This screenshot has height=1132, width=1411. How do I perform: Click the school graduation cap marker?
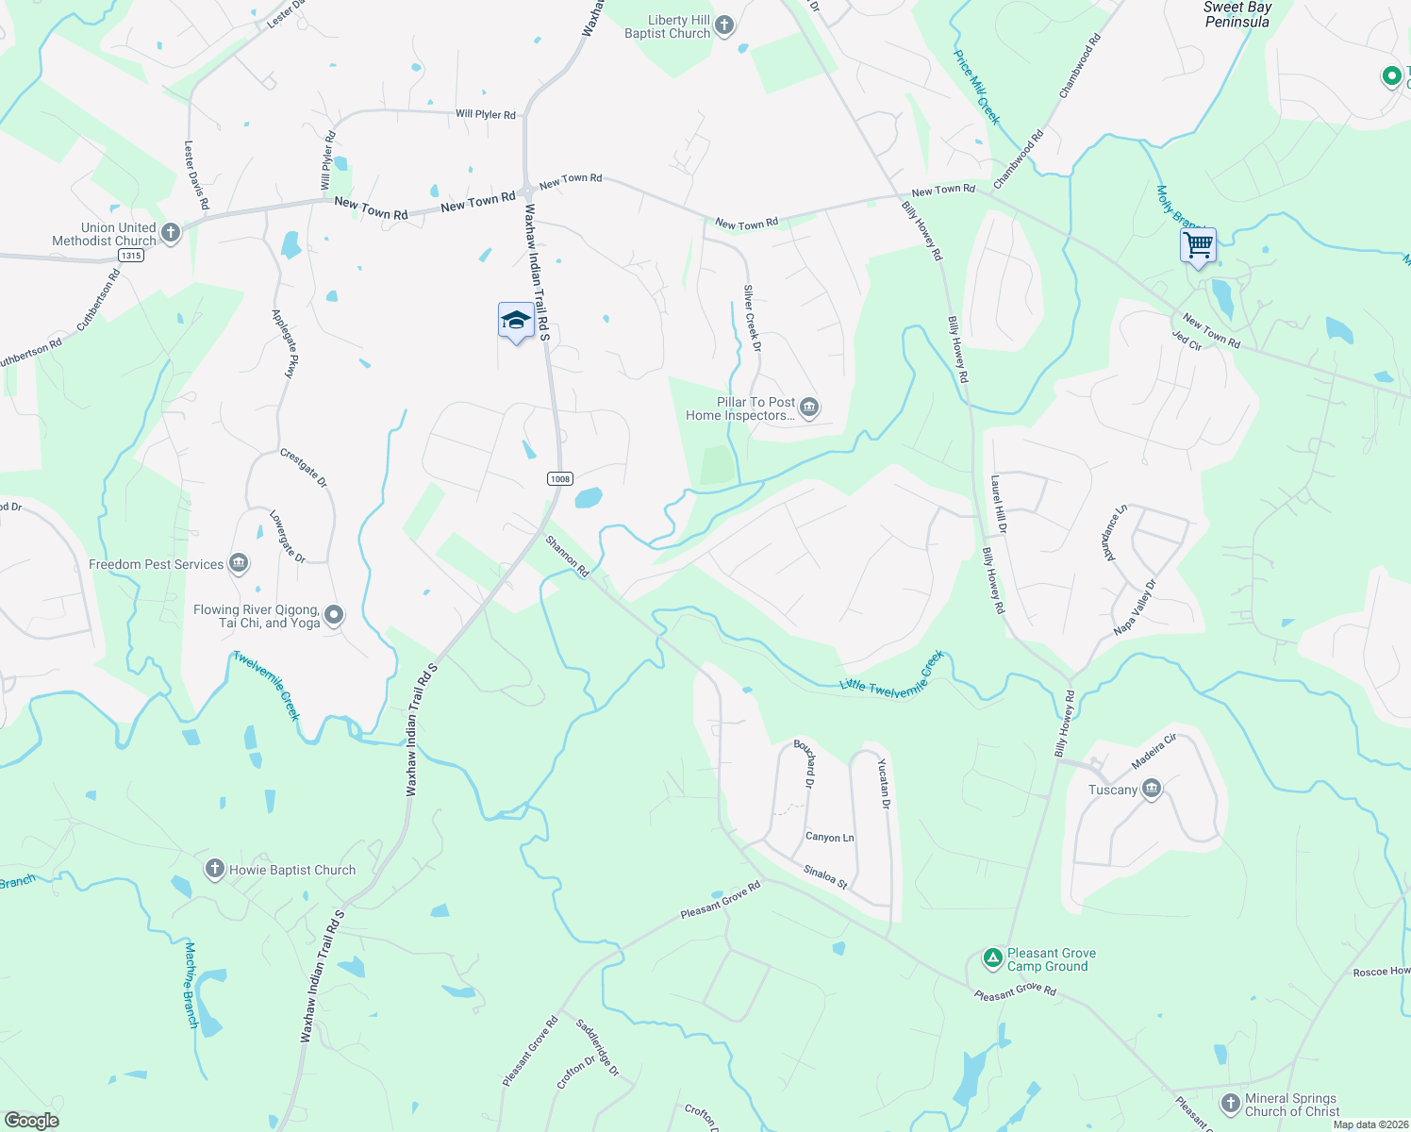pos(516,321)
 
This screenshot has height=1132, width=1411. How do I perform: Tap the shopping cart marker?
pos(1198,246)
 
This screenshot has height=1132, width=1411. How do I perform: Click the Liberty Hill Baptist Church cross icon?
pos(724,25)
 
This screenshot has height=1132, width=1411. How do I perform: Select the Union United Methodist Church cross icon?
pos(171,233)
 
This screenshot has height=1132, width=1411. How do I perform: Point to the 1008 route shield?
pos(559,478)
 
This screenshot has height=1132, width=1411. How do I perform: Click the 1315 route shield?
pos(131,255)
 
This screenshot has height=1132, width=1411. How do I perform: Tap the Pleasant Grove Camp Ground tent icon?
pos(992,958)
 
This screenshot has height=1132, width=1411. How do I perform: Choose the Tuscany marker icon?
pos(1151,789)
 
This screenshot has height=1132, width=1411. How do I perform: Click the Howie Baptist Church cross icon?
pos(215,869)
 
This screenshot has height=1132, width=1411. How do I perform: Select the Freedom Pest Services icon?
pos(239,564)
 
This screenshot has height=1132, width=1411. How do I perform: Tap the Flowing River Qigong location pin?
pos(333,616)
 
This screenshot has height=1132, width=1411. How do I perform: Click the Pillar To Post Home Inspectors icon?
pos(809,408)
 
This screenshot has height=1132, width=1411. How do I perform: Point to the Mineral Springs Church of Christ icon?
pos(1230,1103)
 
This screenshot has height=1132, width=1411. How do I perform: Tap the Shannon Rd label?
pos(568,557)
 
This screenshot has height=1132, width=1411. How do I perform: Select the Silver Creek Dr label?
pos(752,318)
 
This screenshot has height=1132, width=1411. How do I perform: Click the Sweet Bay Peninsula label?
pos(1237,14)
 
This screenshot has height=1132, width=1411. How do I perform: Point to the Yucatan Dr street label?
pos(884,783)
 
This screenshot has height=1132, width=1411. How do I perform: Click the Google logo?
pos(31,1120)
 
